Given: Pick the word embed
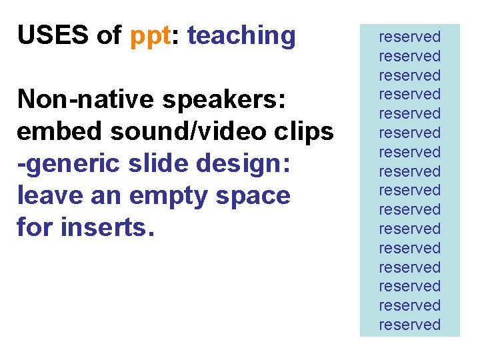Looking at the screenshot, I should pyautogui.click(x=58, y=131).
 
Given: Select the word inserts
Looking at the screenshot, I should pyautogui.click(x=107, y=228).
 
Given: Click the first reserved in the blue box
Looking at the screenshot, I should pyautogui.click(x=410, y=37).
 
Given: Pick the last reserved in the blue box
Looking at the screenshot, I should pyautogui.click(x=410, y=325).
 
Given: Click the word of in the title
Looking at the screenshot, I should pyautogui.click(x=109, y=35).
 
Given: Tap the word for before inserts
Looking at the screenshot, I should pyautogui.click(x=35, y=227).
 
